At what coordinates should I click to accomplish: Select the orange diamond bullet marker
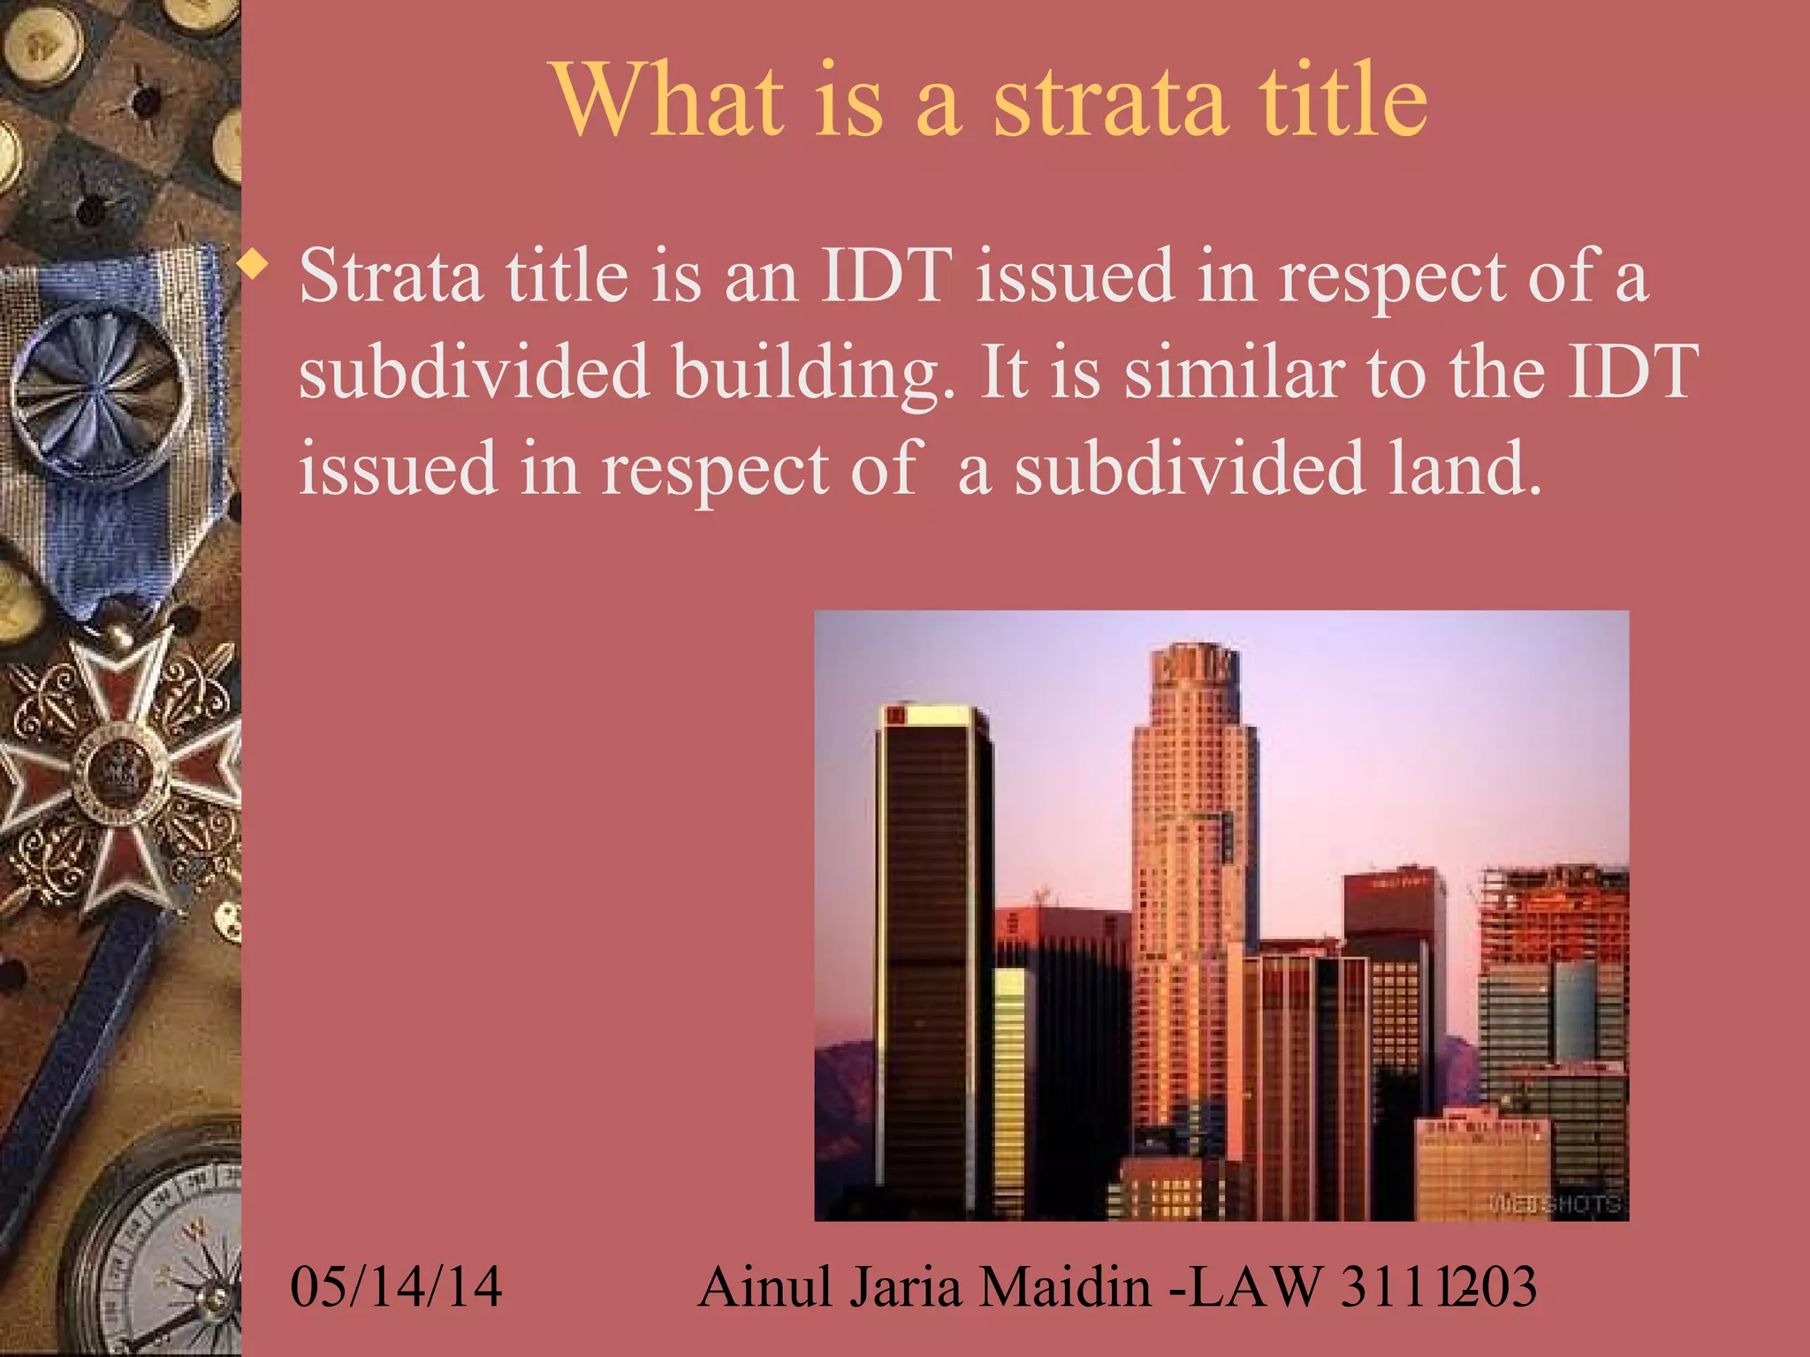coord(255,265)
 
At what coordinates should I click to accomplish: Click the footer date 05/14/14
coord(396,1286)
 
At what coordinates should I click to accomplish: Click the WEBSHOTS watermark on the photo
coord(1555,1203)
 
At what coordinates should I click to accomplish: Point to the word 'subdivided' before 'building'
coord(474,372)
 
